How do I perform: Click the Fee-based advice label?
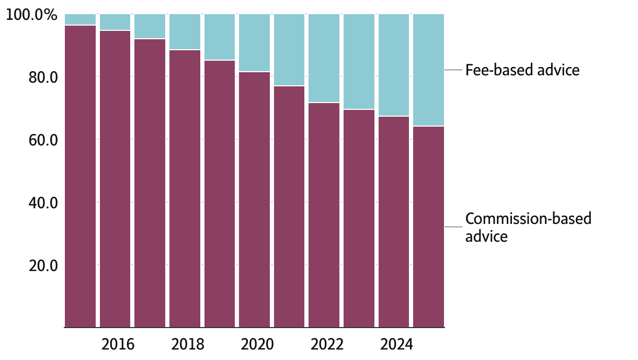point(522,70)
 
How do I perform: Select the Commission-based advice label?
point(528,227)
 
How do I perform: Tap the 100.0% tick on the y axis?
point(31,15)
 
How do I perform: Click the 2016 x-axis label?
point(118,344)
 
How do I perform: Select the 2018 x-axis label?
point(187,344)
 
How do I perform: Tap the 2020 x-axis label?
point(257,344)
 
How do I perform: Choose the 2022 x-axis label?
point(327,344)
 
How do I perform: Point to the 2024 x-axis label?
point(396,344)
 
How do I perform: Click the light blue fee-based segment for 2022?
point(324,58)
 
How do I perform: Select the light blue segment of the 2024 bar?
point(394,65)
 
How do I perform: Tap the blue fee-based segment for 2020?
point(254,42)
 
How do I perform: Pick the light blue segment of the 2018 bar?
point(185,32)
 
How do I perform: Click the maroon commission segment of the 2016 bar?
point(115,178)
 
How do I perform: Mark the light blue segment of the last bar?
point(428,70)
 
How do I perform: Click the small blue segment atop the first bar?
point(80,19)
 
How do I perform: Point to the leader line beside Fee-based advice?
point(453,70)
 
